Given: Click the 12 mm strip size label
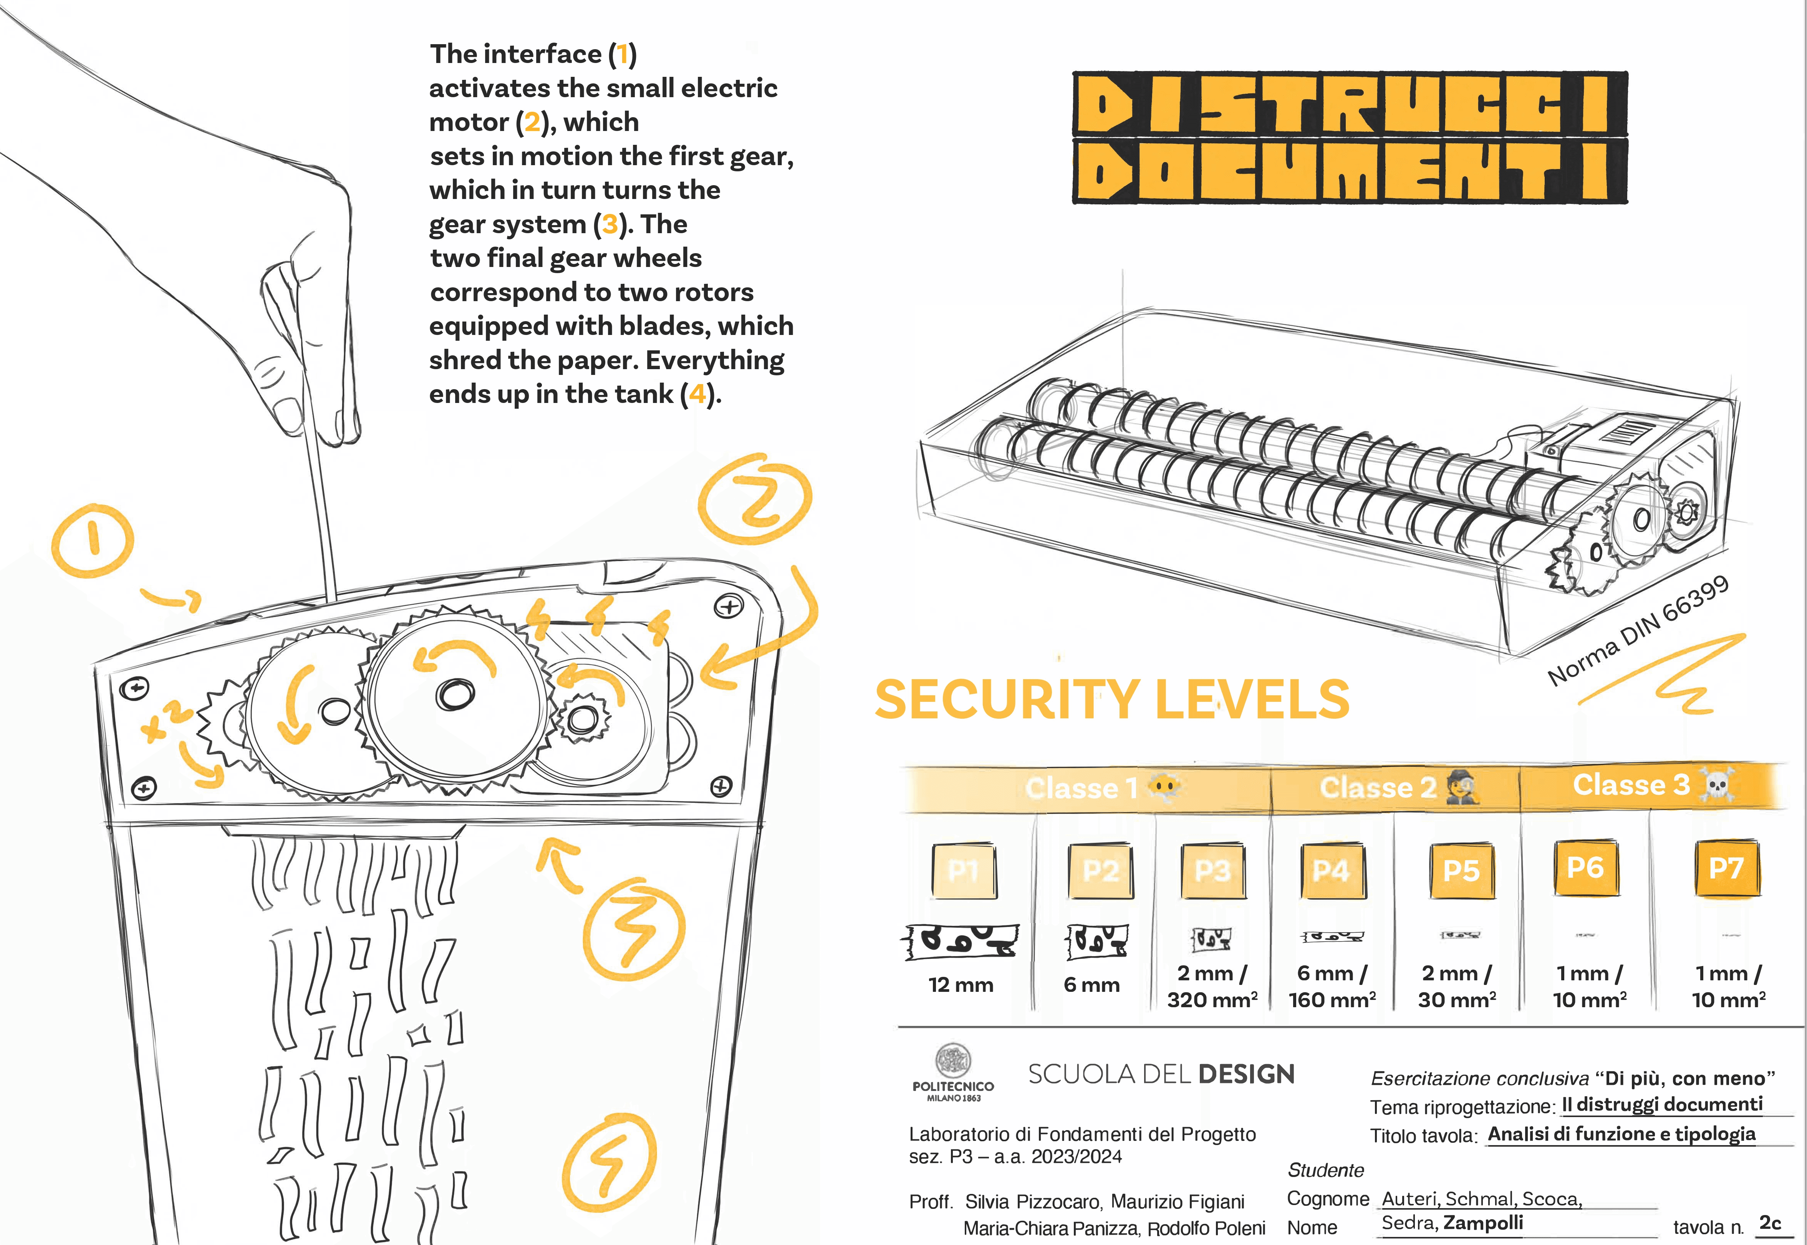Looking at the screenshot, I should [x=961, y=985].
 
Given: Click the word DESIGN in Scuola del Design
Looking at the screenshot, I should [x=1246, y=1075].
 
